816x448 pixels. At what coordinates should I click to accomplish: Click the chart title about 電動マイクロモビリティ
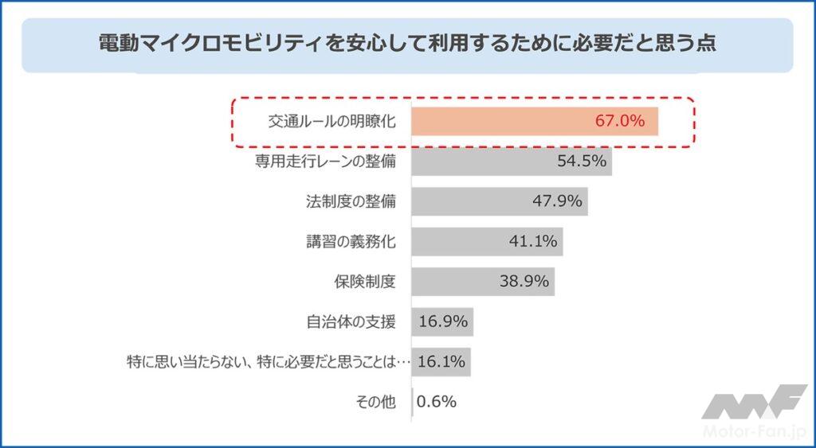[x=407, y=43]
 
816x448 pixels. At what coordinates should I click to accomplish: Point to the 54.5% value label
[x=583, y=162]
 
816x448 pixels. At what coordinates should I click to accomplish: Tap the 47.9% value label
[x=558, y=201]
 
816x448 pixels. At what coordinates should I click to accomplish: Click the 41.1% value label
[x=533, y=241]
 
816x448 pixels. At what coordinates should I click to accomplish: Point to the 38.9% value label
[x=524, y=281]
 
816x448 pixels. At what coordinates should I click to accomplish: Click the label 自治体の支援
[x=351, y=322]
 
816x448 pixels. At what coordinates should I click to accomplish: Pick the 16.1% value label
[x=441, y=362]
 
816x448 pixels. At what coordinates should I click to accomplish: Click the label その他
[x=375, y=403]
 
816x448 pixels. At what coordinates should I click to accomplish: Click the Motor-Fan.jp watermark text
[x=753, y=431]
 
